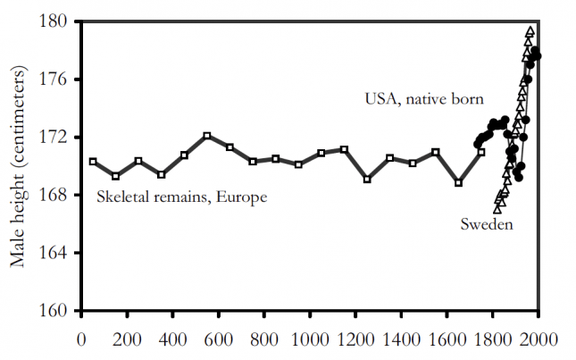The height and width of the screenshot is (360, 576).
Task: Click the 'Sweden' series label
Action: click(x=486, y=224)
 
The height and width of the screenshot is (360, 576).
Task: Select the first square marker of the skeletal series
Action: click(x=93, y=162)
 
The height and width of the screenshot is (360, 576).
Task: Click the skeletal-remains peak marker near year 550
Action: click(x=207, y=136)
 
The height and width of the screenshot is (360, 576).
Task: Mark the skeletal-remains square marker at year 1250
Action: click(x=367, y=180)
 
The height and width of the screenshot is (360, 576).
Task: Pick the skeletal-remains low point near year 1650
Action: click(x=458, y=183)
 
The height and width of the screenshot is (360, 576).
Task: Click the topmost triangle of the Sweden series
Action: click(x=530, y=31)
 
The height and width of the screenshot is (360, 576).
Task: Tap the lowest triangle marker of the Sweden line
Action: click(x=497, y=208)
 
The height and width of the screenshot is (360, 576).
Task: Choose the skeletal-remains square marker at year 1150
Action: click(x=344, y=149)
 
